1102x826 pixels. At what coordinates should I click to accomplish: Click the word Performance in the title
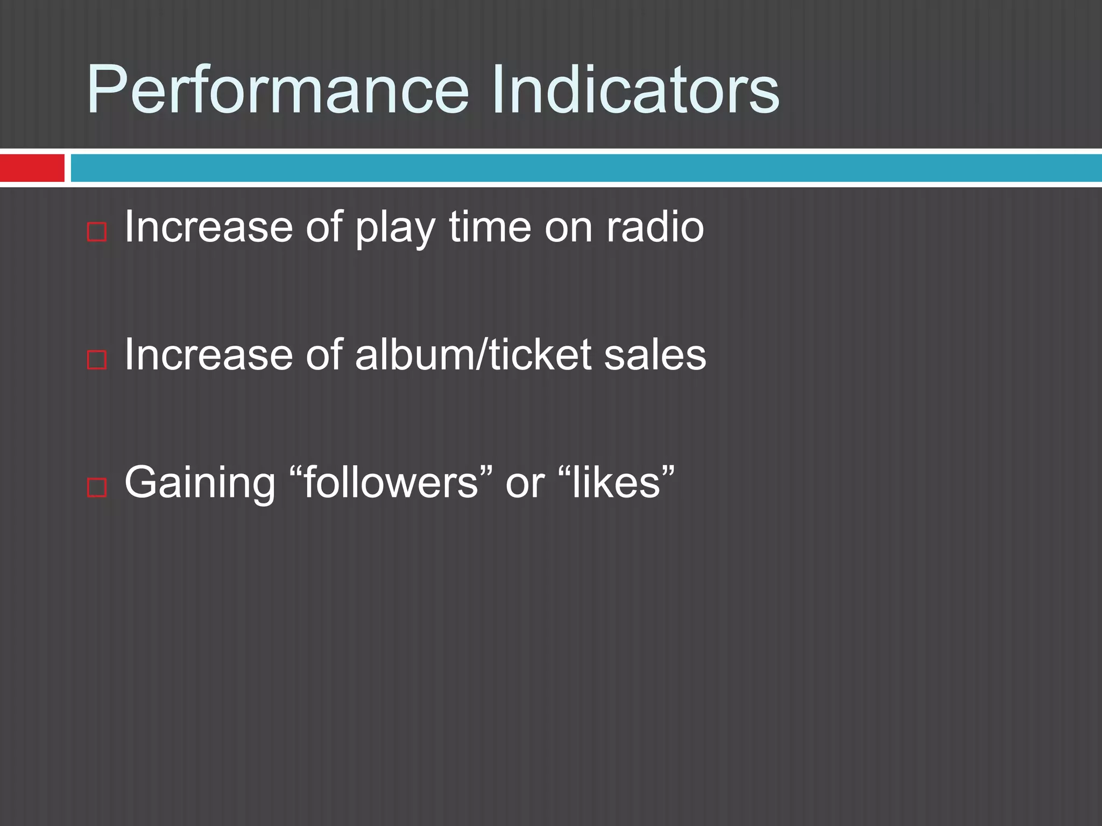tap(278, 89)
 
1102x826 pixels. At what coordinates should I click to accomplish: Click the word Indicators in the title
tap(635, 89)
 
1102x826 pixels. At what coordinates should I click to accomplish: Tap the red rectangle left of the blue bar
tap(32, 168)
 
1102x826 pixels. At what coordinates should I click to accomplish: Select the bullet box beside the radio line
tap(97, 232)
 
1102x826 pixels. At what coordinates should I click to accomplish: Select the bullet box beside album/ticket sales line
tap(97, 359)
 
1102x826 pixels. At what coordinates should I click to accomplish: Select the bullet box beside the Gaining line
tap(97, 487)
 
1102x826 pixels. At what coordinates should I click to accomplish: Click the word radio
tap(655, 227)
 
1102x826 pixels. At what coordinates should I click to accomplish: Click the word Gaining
tap(200, 483)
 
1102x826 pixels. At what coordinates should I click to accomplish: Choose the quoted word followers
tap(391, 482)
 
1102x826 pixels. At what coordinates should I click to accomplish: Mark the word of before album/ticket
tap(324, 355)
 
